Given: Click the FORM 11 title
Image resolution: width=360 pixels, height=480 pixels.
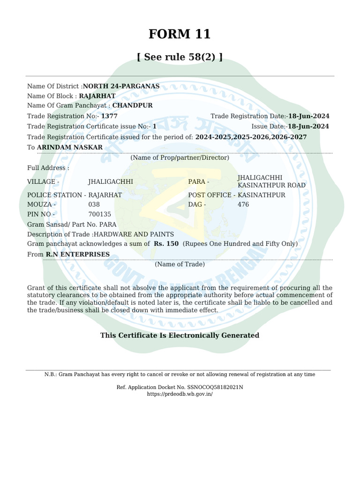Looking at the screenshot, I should (x=180, y=34).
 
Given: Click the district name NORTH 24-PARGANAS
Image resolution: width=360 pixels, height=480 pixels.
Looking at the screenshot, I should (x=121, y=86).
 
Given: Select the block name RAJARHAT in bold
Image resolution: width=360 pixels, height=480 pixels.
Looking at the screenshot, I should (x=97, y=96).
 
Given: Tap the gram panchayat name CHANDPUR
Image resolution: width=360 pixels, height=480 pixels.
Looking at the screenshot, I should (x=132, y=105).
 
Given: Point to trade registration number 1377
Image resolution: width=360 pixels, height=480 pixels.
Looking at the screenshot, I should (x=109, y=116).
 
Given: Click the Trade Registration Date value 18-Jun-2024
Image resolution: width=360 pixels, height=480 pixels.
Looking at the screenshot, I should (x=308, y=116).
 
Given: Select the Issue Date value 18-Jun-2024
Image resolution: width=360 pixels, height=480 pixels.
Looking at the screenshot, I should (x=308, y=127).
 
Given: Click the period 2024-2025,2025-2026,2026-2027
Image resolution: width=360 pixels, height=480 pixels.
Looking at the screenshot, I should (x=251, y=137).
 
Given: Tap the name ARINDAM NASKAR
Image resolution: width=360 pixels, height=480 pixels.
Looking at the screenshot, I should (x=70, y=147).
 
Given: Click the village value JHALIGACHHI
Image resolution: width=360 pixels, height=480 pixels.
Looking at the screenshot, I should (x=111, y=181).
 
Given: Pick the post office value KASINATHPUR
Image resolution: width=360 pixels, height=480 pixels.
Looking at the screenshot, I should (x=262, y=195).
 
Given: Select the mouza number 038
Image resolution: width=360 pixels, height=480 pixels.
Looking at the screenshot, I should (x=94, y=204).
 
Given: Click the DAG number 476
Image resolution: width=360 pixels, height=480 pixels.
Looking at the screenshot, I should (x=243, y=204).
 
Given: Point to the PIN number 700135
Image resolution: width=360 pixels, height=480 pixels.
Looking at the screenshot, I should (x=100, y=214).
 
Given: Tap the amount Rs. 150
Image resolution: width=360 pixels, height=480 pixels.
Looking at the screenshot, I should (x=166, y=244).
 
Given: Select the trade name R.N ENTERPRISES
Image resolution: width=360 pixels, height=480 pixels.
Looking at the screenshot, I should (x=77, y=255).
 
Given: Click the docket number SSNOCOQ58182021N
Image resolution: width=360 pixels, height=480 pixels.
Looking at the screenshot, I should (x=215, y=387).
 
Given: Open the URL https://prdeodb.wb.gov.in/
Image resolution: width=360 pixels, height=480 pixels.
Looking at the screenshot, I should (x=180, y=394).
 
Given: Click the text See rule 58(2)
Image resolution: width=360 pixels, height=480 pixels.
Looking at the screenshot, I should (x=180, y=57).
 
